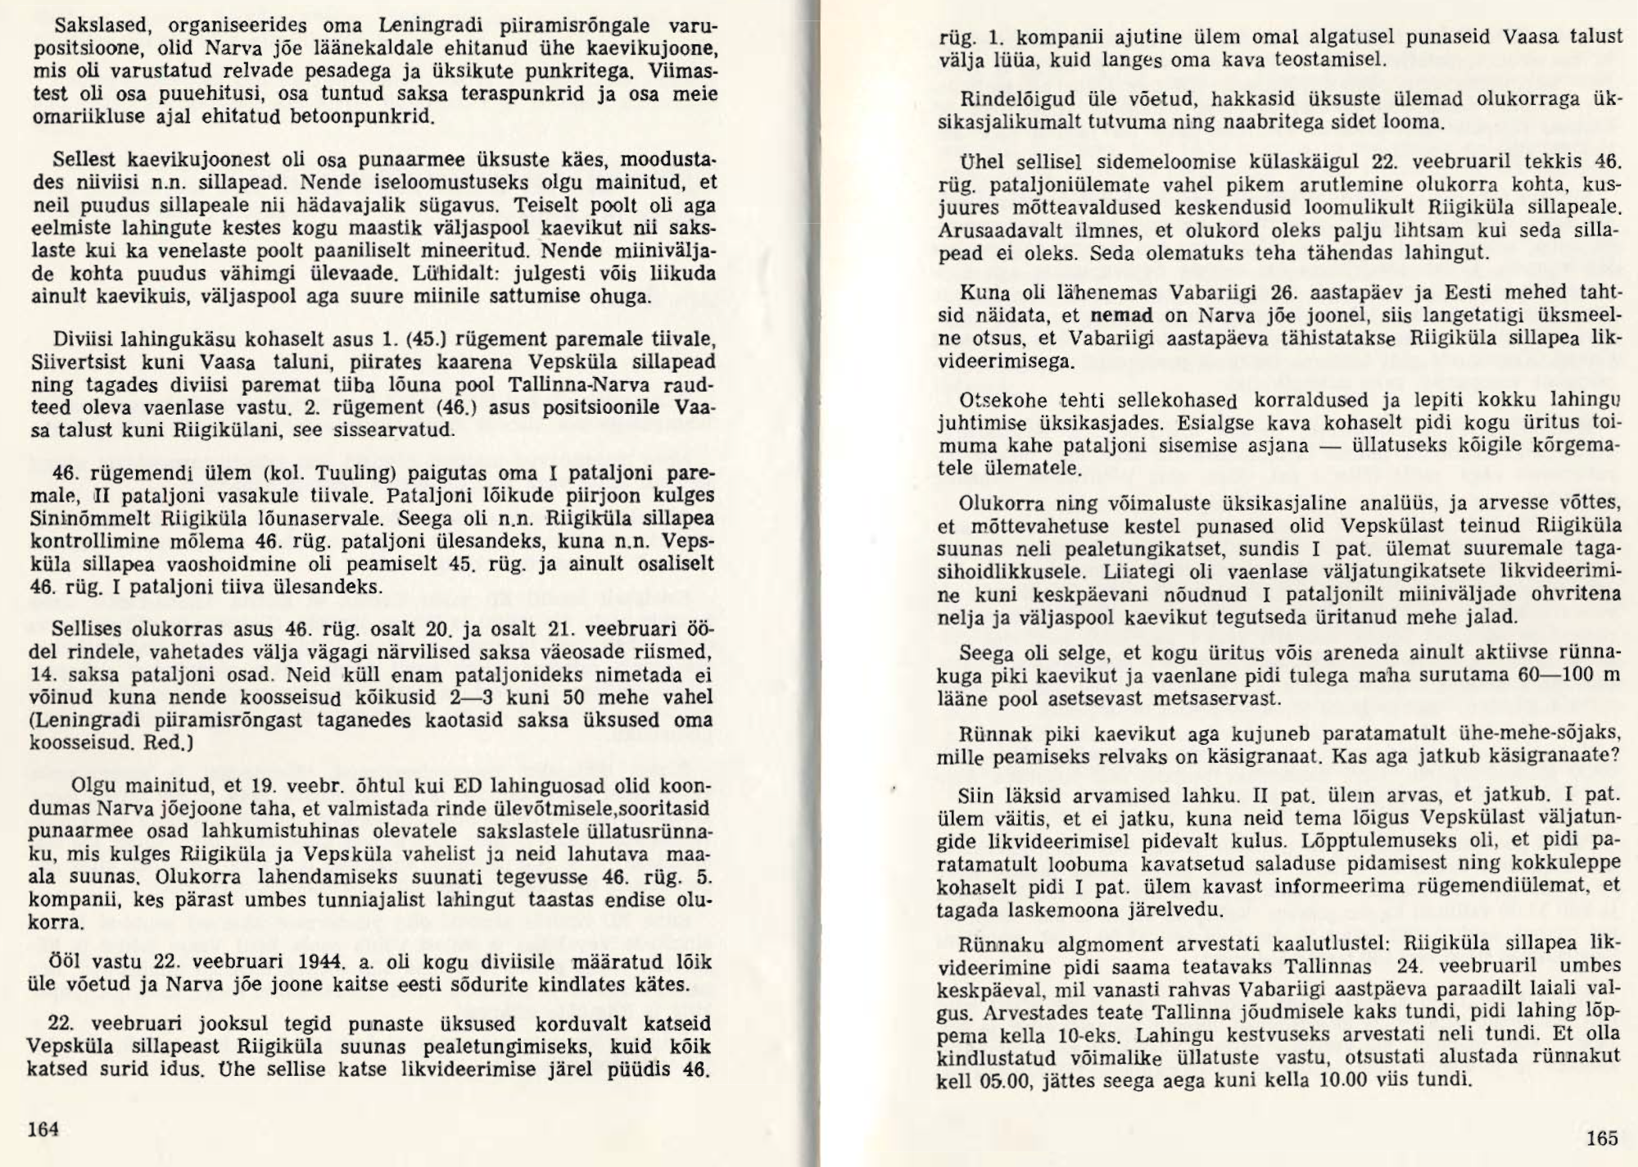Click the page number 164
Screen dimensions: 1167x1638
43,1128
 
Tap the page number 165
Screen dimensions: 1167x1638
1602,1137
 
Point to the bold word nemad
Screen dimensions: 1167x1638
1121,316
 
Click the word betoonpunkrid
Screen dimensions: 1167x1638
361,116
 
